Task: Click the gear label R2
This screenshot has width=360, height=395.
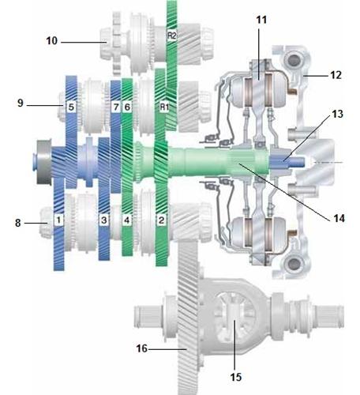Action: coord(172,36)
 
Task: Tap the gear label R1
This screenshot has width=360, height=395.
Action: coord(164,107)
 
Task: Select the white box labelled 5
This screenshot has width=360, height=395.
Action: coord(71,107)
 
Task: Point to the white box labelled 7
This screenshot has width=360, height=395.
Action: coord(116,107)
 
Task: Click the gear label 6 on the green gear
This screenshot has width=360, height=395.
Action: coord(127,107)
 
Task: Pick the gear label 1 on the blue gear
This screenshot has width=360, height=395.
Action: coord(58,220)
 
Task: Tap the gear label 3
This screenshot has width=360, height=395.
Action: coord(104,220)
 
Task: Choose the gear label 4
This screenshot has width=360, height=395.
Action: coord(127,220)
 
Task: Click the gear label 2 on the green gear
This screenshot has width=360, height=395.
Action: coord(161,220)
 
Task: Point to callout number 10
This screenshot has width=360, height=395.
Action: coord(51,41)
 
